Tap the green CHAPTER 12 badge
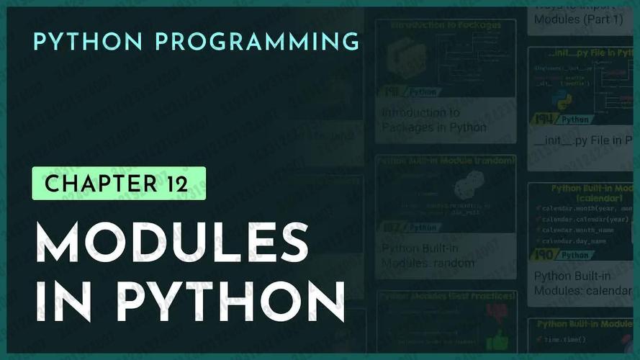pyautogui.click(x=119, y=183)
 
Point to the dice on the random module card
pyautogui.click(x=464, y=188)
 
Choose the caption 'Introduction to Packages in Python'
pyautogui.click(x=433, y=120)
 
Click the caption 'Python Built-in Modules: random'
pyautogui.click(x=428, y=256)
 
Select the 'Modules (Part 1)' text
pyautogui.click(x=569, y=19)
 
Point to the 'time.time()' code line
pyautogui.click(x=569, y=339)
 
